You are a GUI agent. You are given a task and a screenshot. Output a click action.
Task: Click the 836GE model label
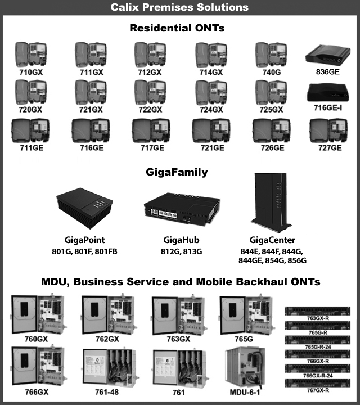325,72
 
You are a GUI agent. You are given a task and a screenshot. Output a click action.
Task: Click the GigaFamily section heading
180,172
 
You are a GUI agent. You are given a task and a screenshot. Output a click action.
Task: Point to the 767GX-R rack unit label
319,390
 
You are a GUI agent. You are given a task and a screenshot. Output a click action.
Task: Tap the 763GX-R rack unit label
319,318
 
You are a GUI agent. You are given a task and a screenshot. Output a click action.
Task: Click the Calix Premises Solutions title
180,7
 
